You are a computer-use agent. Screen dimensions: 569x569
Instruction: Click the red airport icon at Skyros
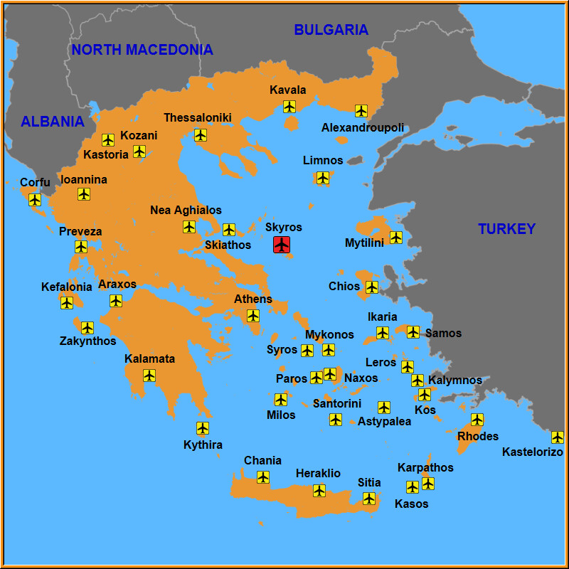click(x=282, y=245)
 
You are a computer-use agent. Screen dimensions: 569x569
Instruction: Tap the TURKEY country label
click(x=506, y=229)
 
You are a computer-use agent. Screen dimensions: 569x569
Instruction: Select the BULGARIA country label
click(x=331, y=30)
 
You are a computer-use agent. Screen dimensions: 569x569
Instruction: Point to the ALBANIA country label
click(x=53, y=122)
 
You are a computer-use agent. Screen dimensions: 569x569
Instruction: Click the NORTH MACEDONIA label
click(x=142, y=50)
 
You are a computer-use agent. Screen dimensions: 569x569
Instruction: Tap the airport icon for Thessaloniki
click(x=201, y=135)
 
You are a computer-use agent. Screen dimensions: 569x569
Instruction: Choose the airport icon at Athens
click(x=253, y=316)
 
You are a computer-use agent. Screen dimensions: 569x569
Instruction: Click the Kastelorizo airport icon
click(x=558, y=437)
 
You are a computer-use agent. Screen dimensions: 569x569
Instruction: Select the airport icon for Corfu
click(x=35, y=200)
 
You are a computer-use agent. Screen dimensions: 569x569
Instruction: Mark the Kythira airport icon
click(x=203, y=428)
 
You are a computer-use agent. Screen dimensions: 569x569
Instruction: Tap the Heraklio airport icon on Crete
click(x=319, y=490)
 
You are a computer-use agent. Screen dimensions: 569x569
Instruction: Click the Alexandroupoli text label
click(x=363, y=128)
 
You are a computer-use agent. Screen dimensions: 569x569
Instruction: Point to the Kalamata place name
click(x=149, y=359)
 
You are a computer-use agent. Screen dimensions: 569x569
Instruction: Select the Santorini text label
click(x=337, y=404)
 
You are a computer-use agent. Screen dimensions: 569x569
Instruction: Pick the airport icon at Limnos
click(x=323, y=177)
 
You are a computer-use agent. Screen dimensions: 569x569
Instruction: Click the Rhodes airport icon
click(x=477, y=420)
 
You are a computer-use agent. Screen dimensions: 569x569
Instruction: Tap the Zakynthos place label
click(x=87, y=341)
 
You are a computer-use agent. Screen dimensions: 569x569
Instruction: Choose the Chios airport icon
click(x=371, y=287)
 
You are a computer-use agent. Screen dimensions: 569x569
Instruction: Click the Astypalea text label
click(x=384, y=422)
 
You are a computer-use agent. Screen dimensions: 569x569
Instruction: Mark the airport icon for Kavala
click(x=289, y=107)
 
